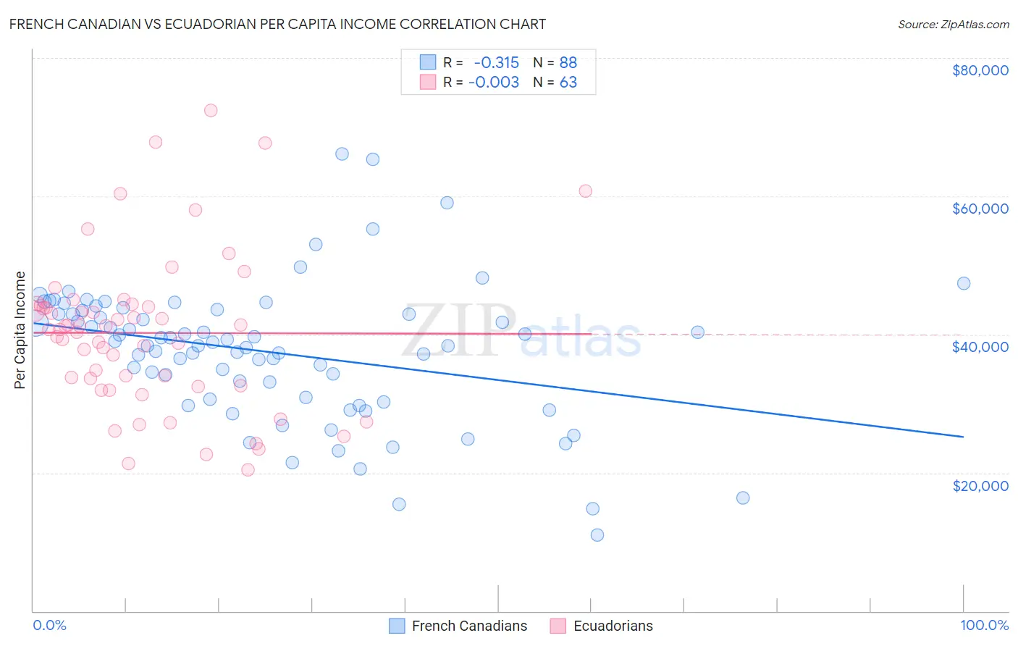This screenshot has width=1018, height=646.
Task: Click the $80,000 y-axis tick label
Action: [980, 70]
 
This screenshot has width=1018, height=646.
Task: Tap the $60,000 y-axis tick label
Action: [980, 209]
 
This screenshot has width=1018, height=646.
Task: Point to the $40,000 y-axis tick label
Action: [980, 347]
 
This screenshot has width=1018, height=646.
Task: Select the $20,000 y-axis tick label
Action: [980, 485]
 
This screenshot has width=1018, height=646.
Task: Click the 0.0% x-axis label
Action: [49, 626]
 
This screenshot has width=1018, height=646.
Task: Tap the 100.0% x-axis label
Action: [984, 626]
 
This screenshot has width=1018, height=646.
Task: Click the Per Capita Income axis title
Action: [20, 330]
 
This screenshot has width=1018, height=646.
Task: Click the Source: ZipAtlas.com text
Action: [953, 25]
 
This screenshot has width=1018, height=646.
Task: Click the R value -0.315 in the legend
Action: [496, 63]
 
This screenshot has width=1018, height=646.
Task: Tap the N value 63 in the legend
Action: [568, 83]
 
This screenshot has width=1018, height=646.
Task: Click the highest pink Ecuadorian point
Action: [211, 110]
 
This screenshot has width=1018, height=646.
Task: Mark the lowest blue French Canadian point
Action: [597, 535]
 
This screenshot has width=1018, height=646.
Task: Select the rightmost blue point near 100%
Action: [963, 283]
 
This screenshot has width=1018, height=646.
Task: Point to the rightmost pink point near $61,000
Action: [585, 191]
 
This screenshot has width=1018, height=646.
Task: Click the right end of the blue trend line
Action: [963, 437]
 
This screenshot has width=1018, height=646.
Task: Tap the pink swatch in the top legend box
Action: [428, 82]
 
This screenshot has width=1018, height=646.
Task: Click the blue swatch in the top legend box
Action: [428, 62]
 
